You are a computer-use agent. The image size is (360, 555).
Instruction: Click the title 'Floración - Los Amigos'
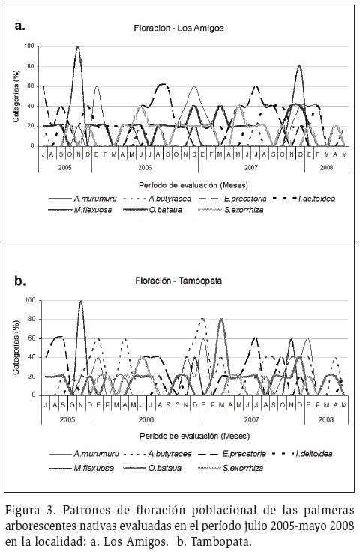pos(178,28)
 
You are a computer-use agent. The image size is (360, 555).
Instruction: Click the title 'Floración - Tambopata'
pos(178,280)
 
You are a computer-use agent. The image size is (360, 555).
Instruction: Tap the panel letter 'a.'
pos(19,25)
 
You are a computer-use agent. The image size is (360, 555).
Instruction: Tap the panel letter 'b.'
pos(20,281)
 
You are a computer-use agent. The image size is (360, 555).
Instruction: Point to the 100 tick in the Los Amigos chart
pos(29,46)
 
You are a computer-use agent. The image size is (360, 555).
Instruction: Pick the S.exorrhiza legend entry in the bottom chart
pos(231,468)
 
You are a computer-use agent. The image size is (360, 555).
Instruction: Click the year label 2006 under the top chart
pos(145,167)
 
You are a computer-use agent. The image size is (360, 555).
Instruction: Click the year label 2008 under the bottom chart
pos(326,420)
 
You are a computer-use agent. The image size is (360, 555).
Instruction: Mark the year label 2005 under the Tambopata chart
pos(67,420)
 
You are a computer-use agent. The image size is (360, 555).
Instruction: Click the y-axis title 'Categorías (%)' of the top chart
pos(16,96)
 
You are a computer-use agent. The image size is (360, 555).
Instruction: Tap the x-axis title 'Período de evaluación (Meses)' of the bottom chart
pos(195,436)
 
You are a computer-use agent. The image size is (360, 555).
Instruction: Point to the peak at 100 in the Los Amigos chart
pos(78,46)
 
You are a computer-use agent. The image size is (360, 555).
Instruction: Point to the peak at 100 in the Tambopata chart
pos(81,301)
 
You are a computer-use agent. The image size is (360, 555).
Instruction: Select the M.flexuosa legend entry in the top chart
pos(80,210)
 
